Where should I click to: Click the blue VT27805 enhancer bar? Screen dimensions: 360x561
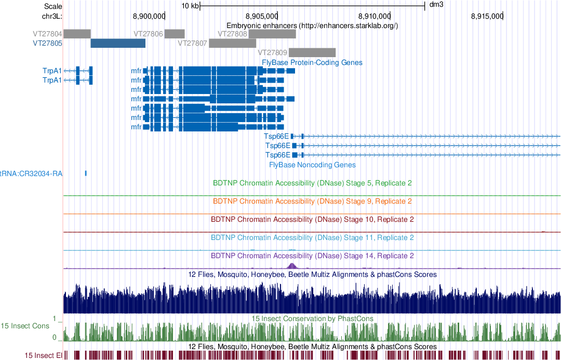click(x=117, y=43)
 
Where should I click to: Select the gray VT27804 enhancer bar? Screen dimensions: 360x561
click(x=77, y=34)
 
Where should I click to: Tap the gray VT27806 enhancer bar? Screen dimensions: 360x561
click(x=175, y=34)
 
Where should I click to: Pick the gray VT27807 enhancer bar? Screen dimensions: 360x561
click(x=229, y=43)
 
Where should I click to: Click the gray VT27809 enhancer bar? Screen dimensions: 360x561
click(x=312, y=52)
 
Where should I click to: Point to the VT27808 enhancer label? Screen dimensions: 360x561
click(x=232, y=34)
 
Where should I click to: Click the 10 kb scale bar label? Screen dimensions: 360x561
click(x=190, y=6)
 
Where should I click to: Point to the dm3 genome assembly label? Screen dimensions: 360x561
click(x=436, y=5)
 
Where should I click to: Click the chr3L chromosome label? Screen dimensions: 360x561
click(x=52, y=16)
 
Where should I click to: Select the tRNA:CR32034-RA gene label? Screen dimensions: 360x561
click(x=31, y=174)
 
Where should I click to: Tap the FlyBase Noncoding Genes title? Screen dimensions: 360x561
click(x=312, y=165)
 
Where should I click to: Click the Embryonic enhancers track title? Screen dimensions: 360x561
click(x=312, y=25)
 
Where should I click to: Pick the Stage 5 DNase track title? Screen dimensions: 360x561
click(x=312, y=183)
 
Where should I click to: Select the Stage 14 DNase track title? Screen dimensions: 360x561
click(x=312, y=256)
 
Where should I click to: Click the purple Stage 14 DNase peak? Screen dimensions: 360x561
click(x=291, y=265)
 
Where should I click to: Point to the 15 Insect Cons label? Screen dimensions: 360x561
click(x=25, y=326)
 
